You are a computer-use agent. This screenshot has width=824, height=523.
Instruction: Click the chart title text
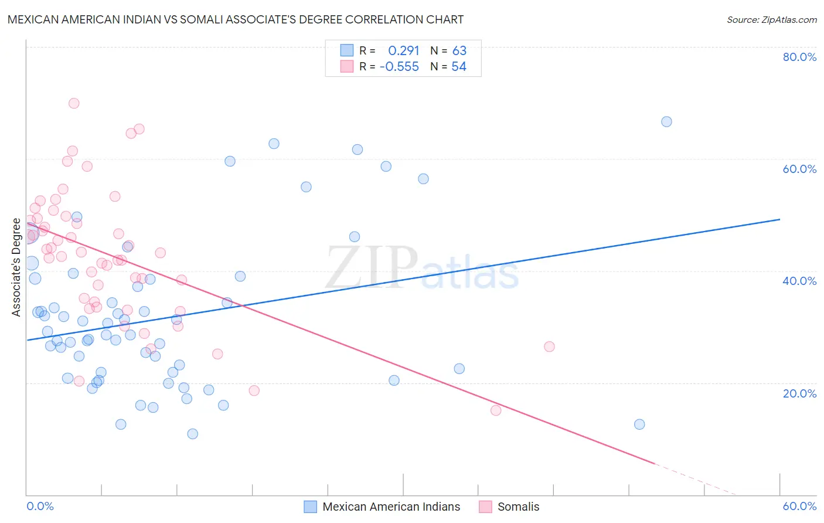236,19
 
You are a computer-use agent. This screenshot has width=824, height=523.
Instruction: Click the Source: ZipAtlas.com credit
771,20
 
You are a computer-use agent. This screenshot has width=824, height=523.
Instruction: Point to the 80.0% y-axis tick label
799,57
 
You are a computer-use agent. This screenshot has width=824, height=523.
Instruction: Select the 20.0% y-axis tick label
799,393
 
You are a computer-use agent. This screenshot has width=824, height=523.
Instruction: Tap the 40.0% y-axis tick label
799,281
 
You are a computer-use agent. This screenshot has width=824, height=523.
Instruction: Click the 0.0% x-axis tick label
40,506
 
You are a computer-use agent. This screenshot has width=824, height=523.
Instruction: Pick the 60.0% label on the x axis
799,506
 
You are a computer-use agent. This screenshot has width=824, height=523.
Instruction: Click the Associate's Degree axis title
16,267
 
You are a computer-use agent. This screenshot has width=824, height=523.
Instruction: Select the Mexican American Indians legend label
391,507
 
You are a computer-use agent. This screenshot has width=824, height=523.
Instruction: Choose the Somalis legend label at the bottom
518,507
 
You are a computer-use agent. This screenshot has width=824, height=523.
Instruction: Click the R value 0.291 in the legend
403,51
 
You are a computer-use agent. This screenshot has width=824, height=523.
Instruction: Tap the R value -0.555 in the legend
399,67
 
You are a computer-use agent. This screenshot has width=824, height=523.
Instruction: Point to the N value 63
459,51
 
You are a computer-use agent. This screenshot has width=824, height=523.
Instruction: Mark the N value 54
458,67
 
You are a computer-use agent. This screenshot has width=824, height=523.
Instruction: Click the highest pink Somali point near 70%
74,103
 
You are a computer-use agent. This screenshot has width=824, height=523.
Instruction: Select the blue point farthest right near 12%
639,424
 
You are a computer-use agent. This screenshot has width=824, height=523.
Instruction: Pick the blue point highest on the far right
666,122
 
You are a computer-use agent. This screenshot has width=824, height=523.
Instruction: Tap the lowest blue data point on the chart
192,434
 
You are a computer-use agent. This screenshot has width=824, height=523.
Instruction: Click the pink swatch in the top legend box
347,67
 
